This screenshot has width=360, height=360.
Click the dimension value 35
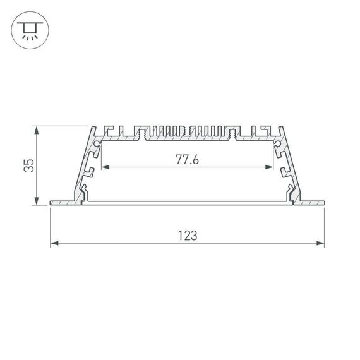point(28,165)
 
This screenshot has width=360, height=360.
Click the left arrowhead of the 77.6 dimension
point(105,167)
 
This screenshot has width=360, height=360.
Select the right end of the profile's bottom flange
point(323,203)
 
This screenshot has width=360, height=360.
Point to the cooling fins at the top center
point(188,131)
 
